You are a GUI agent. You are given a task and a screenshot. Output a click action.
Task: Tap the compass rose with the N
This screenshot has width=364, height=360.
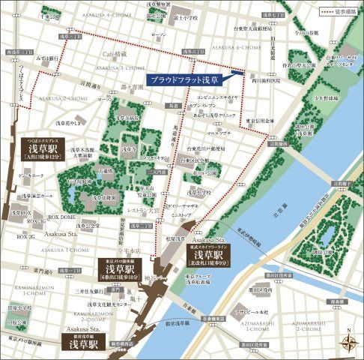[x=348, y=342]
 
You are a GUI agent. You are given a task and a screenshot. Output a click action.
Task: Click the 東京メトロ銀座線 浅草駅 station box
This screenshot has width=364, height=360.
[x=124, y=268]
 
